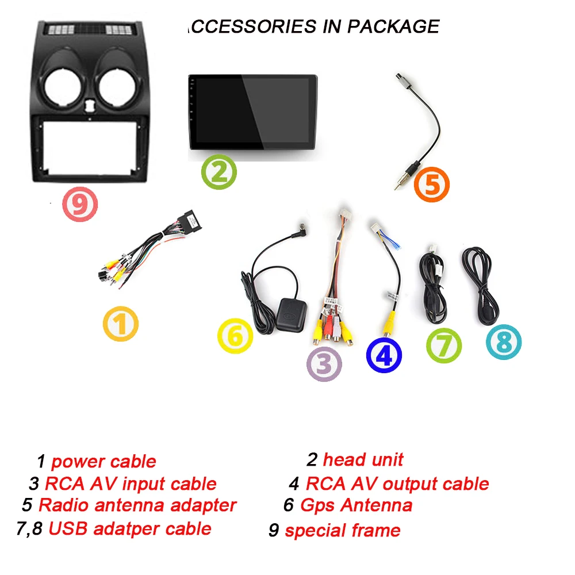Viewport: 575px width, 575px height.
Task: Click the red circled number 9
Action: (80, 205)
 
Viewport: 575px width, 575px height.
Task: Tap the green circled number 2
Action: (219, 171)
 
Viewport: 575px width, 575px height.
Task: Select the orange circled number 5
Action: (432, 185)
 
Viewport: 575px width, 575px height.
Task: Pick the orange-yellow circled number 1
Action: (120, 323)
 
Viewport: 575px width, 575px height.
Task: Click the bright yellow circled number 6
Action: (235, 336)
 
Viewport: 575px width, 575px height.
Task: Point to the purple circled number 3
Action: (323, 363)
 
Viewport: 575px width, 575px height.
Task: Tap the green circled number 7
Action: (443, 346)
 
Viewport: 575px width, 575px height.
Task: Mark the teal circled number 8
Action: (503, 342)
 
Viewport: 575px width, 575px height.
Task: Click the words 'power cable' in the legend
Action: (103, 461)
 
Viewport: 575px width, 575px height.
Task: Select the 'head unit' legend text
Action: (363, 459)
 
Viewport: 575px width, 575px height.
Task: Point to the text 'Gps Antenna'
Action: (356, 505)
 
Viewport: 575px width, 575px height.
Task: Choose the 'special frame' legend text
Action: (342, 530)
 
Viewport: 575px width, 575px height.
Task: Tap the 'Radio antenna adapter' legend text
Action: (137, 505)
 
